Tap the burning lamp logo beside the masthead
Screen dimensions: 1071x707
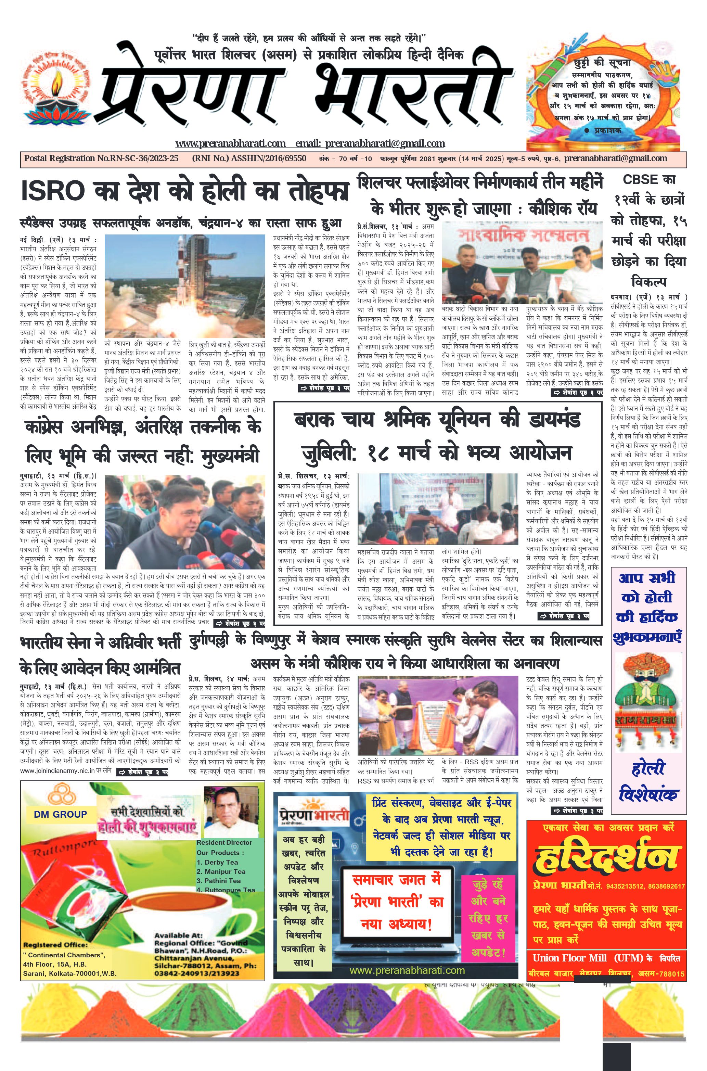pyautogui.click(x=56, y=93)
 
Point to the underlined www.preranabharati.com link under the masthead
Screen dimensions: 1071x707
pyautogui.click(x=230, y=144)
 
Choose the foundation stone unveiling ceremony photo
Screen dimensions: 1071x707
pyautogui.click(x=439, y=716)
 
